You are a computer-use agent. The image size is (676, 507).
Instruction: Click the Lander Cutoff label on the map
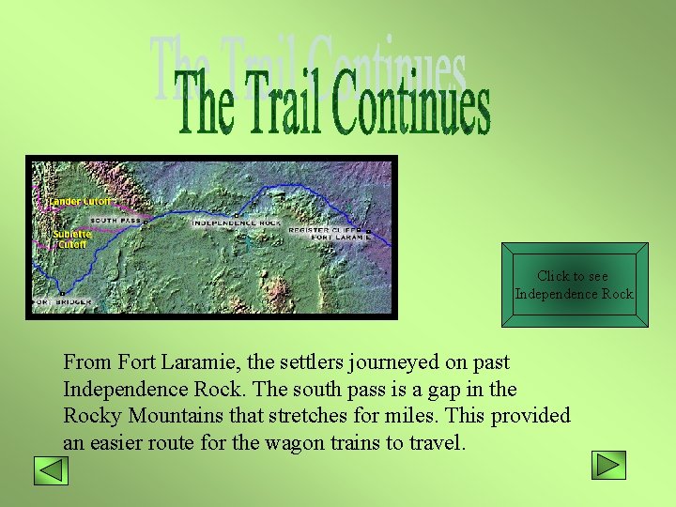80,201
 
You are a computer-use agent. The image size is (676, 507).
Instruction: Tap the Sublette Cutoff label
71,238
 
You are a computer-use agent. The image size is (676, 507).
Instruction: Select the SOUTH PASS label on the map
115,221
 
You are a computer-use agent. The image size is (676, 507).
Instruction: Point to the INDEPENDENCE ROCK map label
236,223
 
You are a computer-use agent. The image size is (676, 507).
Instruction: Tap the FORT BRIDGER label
64,302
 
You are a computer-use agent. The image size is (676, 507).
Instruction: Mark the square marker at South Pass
146,223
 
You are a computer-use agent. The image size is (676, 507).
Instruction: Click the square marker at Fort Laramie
369,231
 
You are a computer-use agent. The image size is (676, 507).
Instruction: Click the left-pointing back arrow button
51,469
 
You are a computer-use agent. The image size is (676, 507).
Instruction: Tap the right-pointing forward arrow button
608,466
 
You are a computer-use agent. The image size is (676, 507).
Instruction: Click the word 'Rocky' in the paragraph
90,416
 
